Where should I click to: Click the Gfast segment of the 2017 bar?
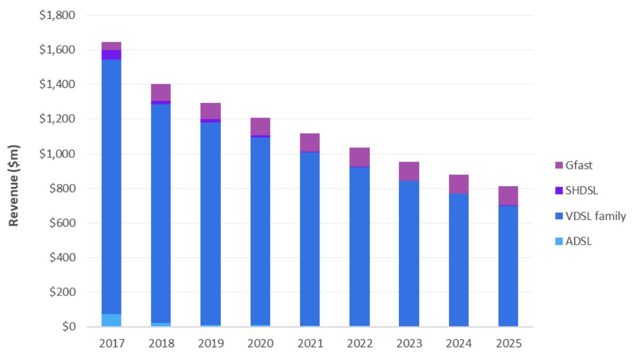[111, 46]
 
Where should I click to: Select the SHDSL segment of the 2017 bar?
[111, 55]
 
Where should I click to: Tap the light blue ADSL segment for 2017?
[111, 320]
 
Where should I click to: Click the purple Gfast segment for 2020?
[260, 126]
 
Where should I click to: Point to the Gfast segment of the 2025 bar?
[508, 195]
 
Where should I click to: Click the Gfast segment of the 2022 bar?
[359, 157]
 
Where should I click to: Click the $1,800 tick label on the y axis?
[57, 15]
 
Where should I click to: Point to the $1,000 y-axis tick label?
[57, 154]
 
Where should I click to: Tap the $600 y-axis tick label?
[61, 223]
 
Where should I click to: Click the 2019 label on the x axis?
[211, 343]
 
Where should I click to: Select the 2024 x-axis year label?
[459, 343]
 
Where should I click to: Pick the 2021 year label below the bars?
[310, 343]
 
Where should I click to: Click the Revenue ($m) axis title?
[14, 185]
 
